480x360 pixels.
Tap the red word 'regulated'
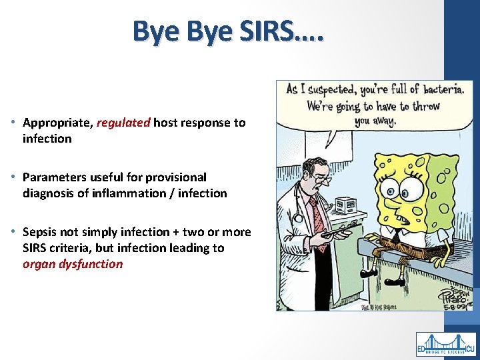[125, 123]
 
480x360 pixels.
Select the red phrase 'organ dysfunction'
[73, 264]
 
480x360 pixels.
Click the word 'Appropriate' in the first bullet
[57, 123]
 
